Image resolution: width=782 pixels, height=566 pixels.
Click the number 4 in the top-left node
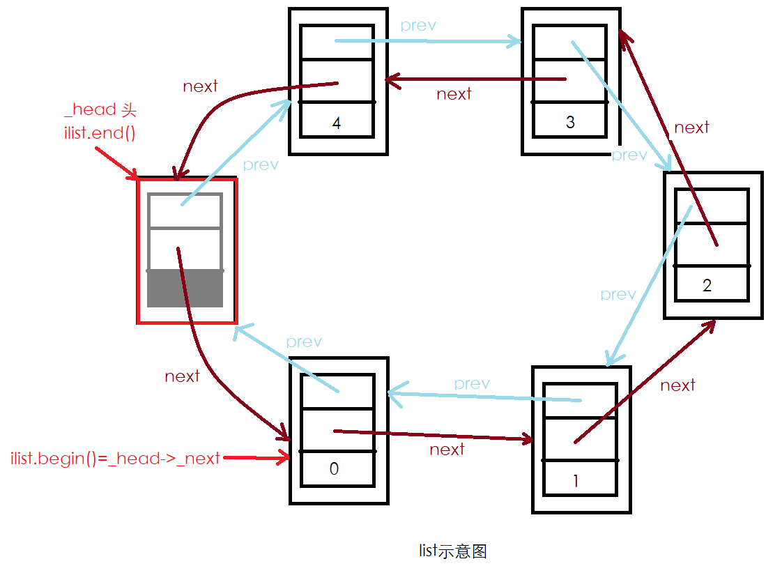point(337,124)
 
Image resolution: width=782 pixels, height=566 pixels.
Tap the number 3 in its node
point(570,123)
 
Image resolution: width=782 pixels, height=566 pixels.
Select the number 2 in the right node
point(707,286)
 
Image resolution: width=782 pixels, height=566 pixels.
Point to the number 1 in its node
point(575,481)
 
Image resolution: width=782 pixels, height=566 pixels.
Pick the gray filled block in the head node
point(185,289)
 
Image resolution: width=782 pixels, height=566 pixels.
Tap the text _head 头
point(100,110)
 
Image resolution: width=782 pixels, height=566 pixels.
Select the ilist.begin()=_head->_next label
point(116,459)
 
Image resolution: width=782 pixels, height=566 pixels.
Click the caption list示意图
point(453,551)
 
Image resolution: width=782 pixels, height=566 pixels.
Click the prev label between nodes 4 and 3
point(418,26)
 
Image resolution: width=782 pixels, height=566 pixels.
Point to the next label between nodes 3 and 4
point(454,94)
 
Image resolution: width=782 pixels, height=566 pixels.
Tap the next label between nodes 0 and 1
point(447,450)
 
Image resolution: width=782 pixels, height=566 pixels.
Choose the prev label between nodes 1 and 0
point(472,384)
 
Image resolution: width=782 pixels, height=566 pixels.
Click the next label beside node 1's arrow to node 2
point(677,385)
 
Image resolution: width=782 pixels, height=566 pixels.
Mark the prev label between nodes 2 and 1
point(618,295)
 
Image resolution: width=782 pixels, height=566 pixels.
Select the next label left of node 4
point(200,86)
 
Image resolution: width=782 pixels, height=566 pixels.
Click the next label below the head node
point(182,376)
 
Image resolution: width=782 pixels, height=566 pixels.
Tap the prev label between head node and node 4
point(261,165)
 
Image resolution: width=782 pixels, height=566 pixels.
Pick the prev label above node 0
point(304,342)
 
